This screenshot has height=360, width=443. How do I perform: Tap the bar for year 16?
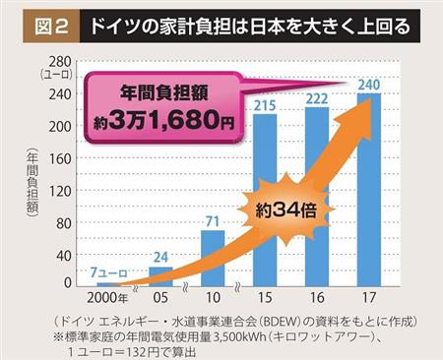pos(318,198)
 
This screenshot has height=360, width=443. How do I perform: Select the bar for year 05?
pos(160,276)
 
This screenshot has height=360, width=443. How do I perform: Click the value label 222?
pos(318,98)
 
